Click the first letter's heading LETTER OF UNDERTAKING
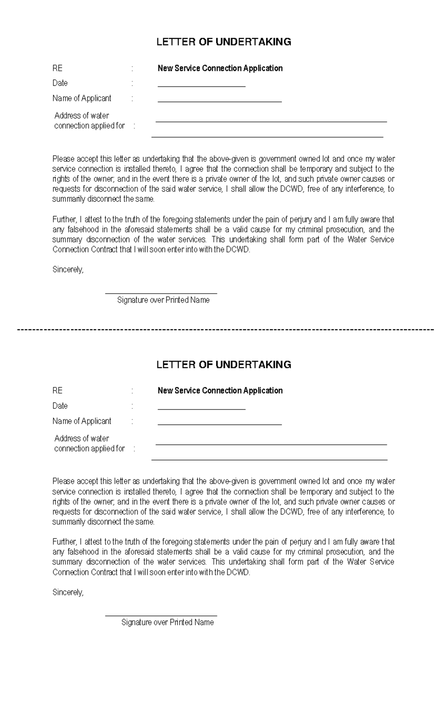point(223,42)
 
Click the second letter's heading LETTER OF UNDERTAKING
point(223,364)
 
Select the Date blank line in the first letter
point(202,86)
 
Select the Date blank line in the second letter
point(202,408)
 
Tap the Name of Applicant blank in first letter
point(220,101)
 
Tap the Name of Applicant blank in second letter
point(220,424)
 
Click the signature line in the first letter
point(161,293)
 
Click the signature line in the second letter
point(161,616)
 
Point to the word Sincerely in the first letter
point(68,270)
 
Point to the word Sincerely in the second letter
point(68,592)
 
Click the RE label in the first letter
point(57,68)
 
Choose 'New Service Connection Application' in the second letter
point(220,391)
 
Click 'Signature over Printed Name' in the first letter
point(163,300)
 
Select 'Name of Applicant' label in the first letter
point(82,98)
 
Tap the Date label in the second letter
point(60,406)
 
